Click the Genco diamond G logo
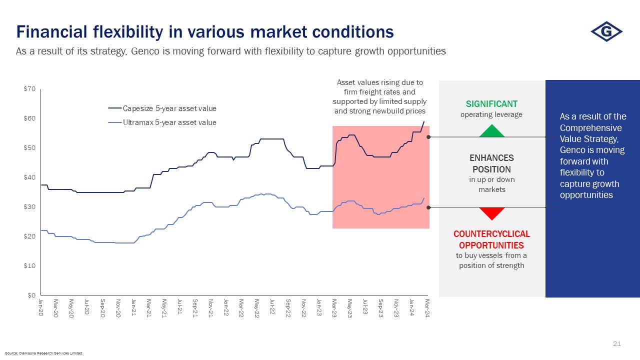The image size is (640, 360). pos(606,32)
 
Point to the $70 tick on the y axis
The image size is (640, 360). pos(29,89)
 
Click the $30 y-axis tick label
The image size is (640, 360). pos(29,207)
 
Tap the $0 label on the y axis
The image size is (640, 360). pos(31,295)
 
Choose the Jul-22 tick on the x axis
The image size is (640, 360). pos(272,306)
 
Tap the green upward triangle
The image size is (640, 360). pos(492,131)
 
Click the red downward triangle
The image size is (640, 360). pos(492,213)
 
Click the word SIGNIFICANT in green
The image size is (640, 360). pos(491,104)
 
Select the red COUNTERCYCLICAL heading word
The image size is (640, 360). pos(491,234)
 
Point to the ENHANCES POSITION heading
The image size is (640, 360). pos(491,163)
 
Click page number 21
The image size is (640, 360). pos(616,344)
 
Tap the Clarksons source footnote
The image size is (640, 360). pos(44,353)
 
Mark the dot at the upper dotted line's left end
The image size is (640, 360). pos(428,136)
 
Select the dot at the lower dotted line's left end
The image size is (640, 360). pos(428,207)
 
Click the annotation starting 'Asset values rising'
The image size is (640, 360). pos(380,96)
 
